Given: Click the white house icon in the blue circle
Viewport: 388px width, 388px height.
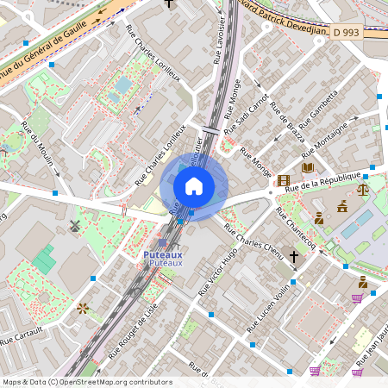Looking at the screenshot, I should click(194, 186).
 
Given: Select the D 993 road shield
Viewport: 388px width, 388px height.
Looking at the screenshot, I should click(346, 33).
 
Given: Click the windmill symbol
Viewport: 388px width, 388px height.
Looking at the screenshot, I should click(74, 226).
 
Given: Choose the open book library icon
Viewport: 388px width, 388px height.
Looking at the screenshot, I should click(308, 166).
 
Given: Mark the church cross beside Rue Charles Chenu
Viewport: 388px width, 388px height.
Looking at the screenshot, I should click(293, 257).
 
